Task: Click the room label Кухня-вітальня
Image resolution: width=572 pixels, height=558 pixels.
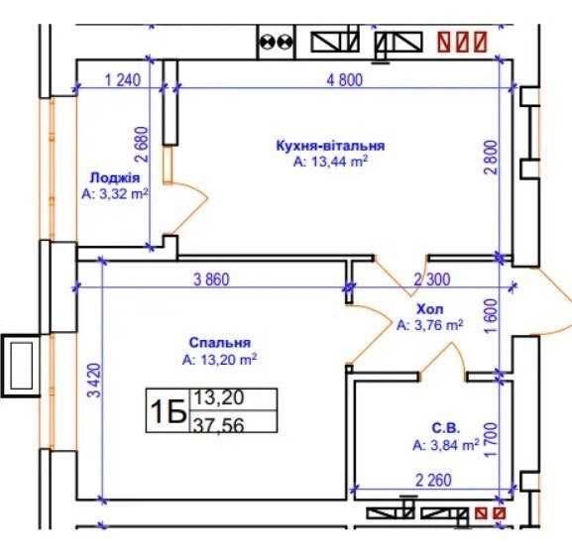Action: (x=330, y=146)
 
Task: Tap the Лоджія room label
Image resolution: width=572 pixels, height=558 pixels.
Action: (x=115, y=178)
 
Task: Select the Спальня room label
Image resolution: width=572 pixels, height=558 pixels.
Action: (x=220, y=343)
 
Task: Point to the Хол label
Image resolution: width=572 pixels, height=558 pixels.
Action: (x=430, y=309)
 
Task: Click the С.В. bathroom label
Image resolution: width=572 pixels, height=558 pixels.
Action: (x=446, y=428)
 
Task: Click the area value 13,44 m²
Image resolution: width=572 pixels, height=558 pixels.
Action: (x=330, y=162)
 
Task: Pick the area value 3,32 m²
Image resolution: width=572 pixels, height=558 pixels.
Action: (x=115, y=193)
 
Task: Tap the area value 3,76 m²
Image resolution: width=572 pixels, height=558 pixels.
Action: (x=430, y=325)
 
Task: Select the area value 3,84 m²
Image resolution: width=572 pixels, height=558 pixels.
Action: (x=446, y=445)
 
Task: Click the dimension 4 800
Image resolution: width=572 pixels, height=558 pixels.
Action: (x=345, y=80)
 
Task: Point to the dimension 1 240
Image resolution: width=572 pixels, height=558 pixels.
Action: (x=123, y=80)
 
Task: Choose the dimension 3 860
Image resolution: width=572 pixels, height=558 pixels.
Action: (x=211, y=279)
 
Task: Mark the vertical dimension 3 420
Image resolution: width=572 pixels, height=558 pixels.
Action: (x=94, y=381)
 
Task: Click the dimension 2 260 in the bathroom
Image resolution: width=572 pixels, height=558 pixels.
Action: (x=434, y=480)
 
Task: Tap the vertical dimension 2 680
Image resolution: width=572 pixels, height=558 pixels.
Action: (x=142, y=145)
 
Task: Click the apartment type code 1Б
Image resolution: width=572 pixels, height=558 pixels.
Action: (x=169, y=411)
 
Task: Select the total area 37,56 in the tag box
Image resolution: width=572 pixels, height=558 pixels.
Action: (x=219, y=425)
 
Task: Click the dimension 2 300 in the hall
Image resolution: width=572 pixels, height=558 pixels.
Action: (x=432, y=279)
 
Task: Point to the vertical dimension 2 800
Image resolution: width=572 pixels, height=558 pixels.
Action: (x=491, y=158)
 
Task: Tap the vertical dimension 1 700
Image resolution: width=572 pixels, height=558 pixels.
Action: (x=491, y=439)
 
